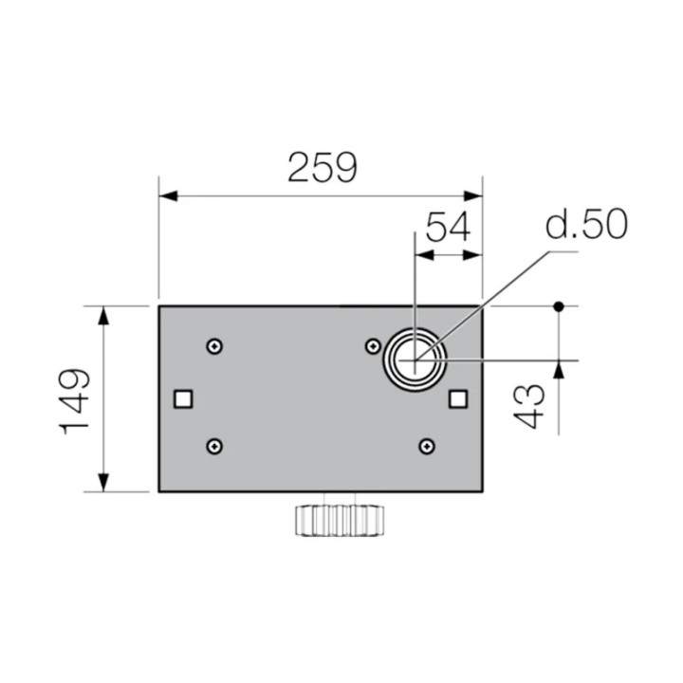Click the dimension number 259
point(323,168)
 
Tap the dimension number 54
point(448,229)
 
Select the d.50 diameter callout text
point(585,226)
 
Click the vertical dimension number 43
point(533,406)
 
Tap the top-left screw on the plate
point(217,346)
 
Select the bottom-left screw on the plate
point(216,446)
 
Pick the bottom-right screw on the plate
point(427,446)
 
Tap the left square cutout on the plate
point(184,398)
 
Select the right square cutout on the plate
point(457,398)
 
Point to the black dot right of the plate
point(560,306)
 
